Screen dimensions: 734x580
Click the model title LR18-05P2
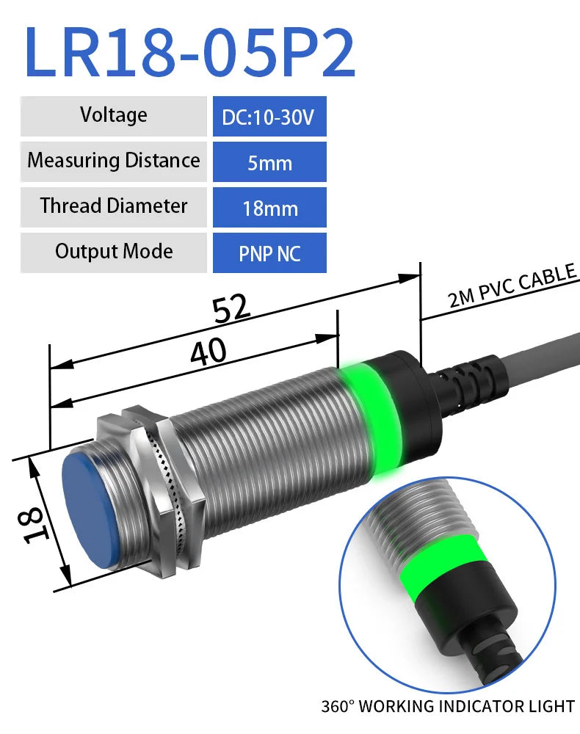[189, 53]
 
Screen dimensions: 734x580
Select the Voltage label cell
[114, 115]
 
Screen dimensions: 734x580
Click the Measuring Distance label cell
[114, 161]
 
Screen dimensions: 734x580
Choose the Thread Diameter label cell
[114, 206]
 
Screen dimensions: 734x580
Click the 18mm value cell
[269, 208]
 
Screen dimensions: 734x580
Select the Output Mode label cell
[114, 252]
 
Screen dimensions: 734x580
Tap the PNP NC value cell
[269, 254]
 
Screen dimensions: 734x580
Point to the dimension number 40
[208, 353]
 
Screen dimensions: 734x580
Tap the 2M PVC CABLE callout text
[512, 288]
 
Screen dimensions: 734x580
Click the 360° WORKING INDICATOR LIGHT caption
[448, 707]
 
